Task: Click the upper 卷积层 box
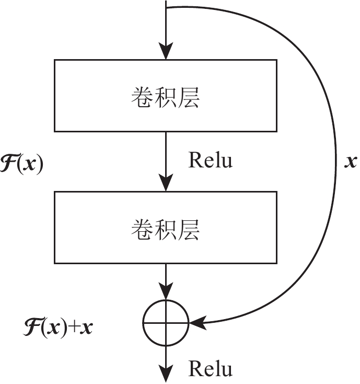(165, 95)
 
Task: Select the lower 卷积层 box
(165, 228)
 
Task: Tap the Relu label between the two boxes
(210, 161)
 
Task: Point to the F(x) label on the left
(22, 164)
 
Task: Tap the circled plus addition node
(166, 323)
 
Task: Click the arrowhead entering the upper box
(166, 52)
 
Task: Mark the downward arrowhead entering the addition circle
(166, 293)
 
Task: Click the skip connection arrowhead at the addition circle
(197, 323)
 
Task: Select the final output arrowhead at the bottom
(166, 376)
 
